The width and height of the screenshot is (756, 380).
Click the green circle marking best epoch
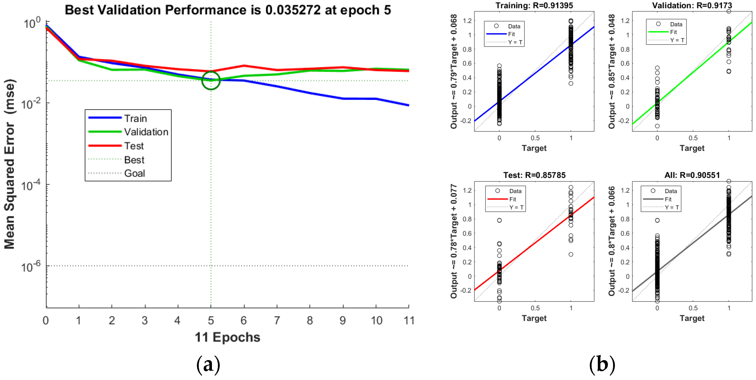point(211,80)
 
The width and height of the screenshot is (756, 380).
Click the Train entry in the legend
point(135,118)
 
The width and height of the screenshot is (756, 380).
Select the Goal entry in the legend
point(134,173)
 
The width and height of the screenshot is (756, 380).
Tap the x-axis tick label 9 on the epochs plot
point(343,320)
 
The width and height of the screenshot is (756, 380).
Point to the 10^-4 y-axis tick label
point(31,185)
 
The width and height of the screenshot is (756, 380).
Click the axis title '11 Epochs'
point(227,337)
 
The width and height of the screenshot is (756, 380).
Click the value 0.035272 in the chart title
point(293,10)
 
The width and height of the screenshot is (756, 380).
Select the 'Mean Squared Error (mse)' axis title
point(9,164)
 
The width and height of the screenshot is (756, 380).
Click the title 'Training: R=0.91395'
point(534,5)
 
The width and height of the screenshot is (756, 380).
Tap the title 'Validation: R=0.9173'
point(692,5)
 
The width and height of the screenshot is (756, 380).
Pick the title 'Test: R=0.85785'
point(534,175)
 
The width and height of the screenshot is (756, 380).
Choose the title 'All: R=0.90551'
point(692,175)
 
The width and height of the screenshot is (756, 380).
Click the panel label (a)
point(208,365)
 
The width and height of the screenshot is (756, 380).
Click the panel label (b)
point(602,365)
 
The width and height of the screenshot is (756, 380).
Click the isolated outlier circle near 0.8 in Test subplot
point(499,220)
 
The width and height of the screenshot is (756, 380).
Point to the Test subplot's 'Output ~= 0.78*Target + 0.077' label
point(454,241)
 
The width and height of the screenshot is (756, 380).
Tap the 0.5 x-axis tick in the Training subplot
point(535,138)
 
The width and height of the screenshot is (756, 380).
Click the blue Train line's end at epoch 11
point(408,105)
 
